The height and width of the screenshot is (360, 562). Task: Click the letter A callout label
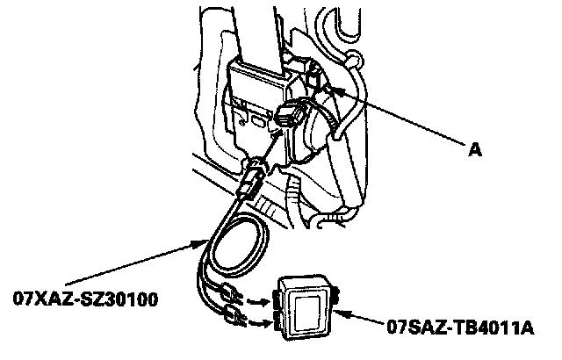coord(475,150)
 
